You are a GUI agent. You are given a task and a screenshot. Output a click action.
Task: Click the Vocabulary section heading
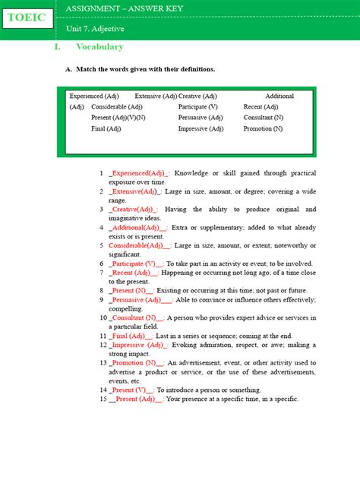[x=99, y=47]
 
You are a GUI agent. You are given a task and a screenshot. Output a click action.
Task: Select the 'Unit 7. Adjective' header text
[x=95, y=28]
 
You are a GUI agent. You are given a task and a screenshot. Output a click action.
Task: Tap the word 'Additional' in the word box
[x=279, y=96]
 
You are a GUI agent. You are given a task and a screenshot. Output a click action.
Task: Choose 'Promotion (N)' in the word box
[x=263, y=129]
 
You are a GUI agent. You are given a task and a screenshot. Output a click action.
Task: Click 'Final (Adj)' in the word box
[x=106, y=129]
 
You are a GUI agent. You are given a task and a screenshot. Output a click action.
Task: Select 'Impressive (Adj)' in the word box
[x=201, y=129]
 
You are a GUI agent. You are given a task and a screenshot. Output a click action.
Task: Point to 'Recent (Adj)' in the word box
[x=261, y=107]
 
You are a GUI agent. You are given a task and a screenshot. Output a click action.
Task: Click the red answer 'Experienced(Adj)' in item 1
[x=139, y=174]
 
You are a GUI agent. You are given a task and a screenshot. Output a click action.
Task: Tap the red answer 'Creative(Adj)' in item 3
[x=133, y=210]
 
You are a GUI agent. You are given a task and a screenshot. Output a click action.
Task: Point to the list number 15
[x=102, y=399]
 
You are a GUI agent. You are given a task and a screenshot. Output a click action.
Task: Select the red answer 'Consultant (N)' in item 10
[x=135, y=317]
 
